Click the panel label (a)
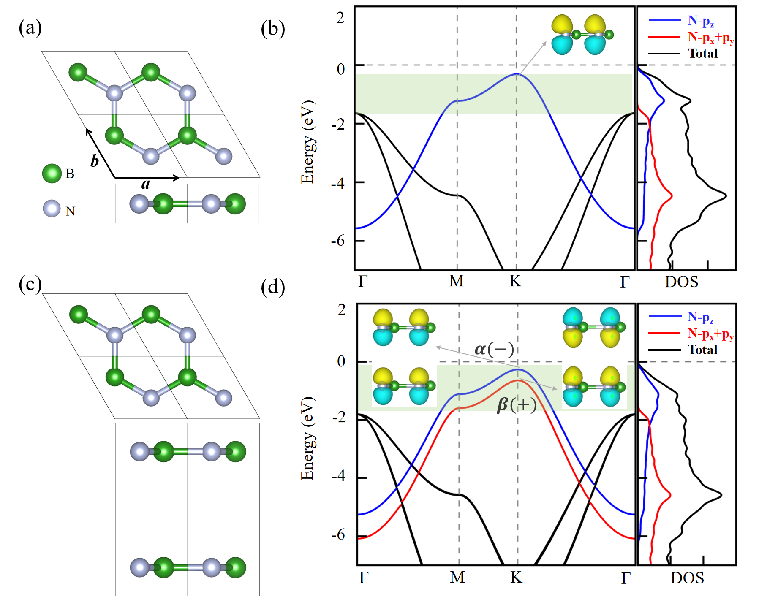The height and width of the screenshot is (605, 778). [30, 28]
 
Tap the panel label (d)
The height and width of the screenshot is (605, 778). [273, 287]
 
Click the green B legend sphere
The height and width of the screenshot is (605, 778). [52, 174]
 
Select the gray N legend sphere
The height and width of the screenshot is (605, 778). [52, 209]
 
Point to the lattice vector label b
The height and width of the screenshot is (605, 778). [94, 161]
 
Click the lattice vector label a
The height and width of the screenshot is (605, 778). [146, 184]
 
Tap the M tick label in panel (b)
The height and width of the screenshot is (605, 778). [457, 281]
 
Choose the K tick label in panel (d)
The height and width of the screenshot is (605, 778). [517, 577]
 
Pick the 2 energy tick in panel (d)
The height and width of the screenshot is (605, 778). [342, 309]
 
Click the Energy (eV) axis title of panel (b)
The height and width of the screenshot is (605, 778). [307, 142]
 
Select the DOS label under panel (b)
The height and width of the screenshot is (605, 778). [681, 282]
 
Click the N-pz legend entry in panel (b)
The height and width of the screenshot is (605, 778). [701, 21]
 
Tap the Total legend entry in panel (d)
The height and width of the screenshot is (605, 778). [702, 350]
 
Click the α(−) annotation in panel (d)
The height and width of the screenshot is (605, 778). [494, 349]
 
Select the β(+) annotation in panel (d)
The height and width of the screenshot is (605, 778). [517, 404]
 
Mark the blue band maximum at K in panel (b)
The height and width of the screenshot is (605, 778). [517, 74]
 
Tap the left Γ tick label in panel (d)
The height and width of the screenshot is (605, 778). [364, 577]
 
